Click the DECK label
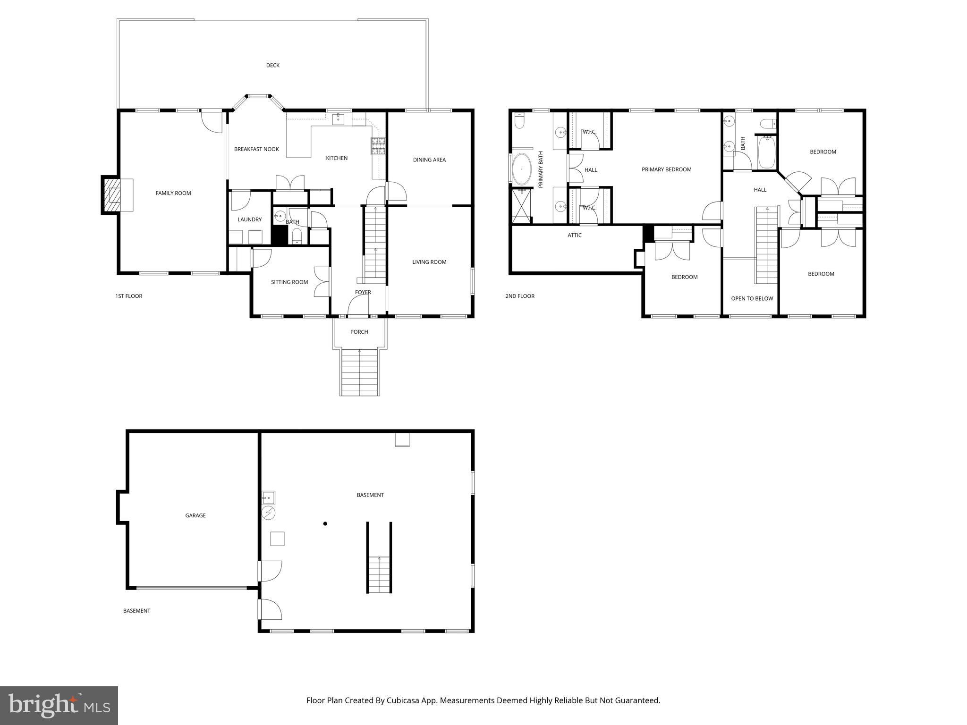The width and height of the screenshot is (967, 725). [272, 66]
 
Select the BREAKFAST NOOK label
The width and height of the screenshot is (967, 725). [256, 149]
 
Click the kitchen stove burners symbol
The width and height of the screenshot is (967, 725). [378, 146]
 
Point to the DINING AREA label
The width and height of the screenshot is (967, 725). [429, 160]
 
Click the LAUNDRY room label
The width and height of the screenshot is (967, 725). [249, 219]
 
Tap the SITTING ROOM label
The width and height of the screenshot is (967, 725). [289, 282]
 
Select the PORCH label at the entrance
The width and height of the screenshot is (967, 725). [359, 332]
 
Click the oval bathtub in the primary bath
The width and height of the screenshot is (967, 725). [521, 169]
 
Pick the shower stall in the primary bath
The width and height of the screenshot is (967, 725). [521, 206]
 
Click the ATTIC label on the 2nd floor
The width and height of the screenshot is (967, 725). [574, 235]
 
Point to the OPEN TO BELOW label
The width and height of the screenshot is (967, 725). [752, 298]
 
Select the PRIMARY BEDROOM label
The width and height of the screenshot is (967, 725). [666, 169]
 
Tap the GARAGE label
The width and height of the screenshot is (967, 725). [195, 515]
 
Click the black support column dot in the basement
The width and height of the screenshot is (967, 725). [325, 523]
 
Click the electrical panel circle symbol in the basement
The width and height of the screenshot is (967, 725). [268, 513]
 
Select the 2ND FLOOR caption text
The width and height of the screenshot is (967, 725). [519, 296]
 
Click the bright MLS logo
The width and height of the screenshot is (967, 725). [59, 705]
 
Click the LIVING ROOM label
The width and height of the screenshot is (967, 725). [429, 262]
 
